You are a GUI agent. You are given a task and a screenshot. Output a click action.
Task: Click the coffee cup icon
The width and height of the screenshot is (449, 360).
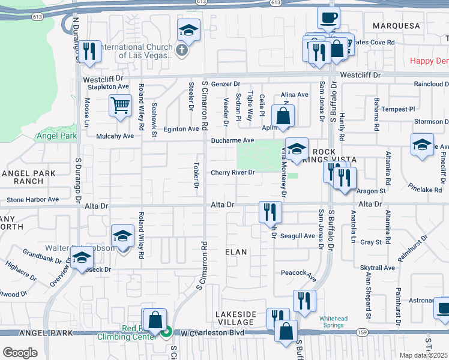point(328,18)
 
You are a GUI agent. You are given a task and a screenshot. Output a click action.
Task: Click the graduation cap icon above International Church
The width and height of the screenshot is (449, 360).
point(188,30)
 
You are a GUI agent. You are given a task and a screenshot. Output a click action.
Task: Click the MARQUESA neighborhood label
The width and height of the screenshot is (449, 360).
point(396,26)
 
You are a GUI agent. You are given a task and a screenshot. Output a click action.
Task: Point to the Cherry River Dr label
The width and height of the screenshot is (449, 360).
point(233,173)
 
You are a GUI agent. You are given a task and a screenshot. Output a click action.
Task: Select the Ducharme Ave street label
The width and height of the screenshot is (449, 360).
point(233,141)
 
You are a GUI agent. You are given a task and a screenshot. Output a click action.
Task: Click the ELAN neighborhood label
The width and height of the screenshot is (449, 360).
point(236,252)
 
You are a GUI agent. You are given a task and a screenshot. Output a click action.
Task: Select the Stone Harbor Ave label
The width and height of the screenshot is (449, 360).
point(32,199)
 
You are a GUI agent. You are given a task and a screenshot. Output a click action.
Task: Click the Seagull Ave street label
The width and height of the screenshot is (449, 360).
point(298,236)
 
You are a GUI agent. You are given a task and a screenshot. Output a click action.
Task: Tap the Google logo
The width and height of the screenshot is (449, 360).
point(20,353)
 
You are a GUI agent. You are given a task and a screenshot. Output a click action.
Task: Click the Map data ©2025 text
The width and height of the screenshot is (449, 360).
point(423,355)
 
